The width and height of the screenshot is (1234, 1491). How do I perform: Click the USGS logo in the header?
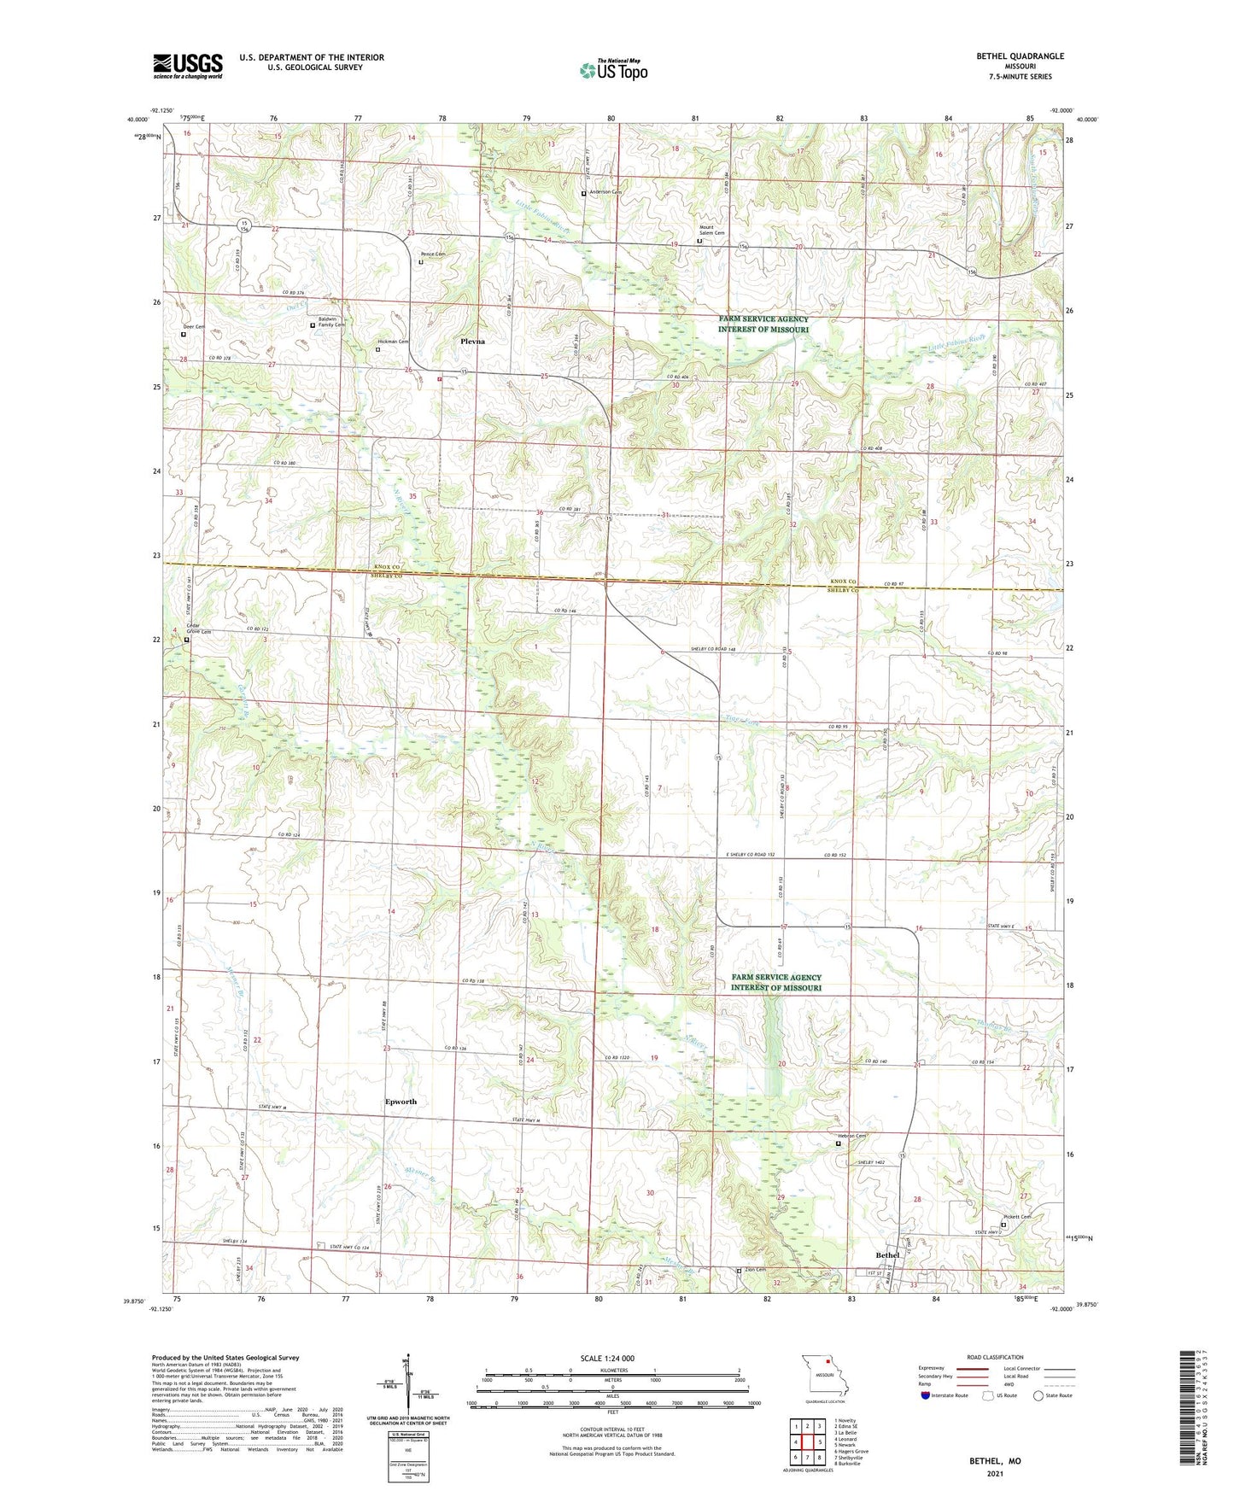tap(188, 66)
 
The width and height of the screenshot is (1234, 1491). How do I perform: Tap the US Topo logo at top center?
tap(612, 70)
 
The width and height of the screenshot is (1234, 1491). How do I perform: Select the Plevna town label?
tap(472, 342)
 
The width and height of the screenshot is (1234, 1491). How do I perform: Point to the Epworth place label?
tap(401, 1102)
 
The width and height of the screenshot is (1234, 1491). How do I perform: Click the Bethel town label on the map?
tap(888, 1254)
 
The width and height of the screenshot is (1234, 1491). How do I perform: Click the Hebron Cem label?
tap(851, 1136)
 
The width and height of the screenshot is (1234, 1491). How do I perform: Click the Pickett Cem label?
tap(1017, 1217)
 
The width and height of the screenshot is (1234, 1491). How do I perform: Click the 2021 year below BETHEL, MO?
tap(995, 1473)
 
